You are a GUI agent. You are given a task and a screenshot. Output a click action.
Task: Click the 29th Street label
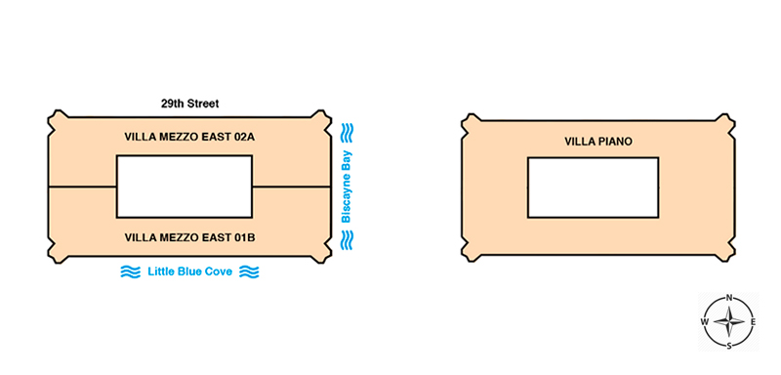(189, 104)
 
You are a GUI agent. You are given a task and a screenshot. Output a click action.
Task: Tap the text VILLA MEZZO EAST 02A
(189, 137)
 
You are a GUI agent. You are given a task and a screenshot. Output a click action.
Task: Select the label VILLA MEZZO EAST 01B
(189, 237)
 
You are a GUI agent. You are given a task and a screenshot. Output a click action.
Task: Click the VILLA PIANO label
(598, 142)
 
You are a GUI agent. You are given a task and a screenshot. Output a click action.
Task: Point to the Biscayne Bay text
(347, 187)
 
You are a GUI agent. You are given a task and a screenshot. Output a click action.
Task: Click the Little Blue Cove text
(189, 271)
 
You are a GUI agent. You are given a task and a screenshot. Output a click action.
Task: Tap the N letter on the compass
(729, 298)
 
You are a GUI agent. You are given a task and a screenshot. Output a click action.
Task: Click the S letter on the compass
(729, 346)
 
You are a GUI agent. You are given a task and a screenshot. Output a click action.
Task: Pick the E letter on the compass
(753, 322)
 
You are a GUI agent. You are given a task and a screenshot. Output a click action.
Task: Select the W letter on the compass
(705, 321)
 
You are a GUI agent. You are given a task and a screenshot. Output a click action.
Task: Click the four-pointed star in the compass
(729, 322)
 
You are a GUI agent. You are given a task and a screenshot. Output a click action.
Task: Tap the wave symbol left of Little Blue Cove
(131, 271)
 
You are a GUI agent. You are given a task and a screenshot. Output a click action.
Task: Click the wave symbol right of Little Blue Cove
(249, 271)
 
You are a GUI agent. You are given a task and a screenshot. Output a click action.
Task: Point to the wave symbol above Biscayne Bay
(347, 134)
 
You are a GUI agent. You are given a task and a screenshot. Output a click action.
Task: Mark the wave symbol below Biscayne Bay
(347, 239)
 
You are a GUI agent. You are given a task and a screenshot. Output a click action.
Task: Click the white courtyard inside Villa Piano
(594, 187)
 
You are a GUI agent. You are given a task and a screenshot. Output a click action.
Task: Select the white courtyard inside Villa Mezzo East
(185, 187)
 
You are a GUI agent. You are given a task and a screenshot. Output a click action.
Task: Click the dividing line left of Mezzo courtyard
(82, 187)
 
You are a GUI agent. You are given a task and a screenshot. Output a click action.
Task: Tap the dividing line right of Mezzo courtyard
(291, 187)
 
